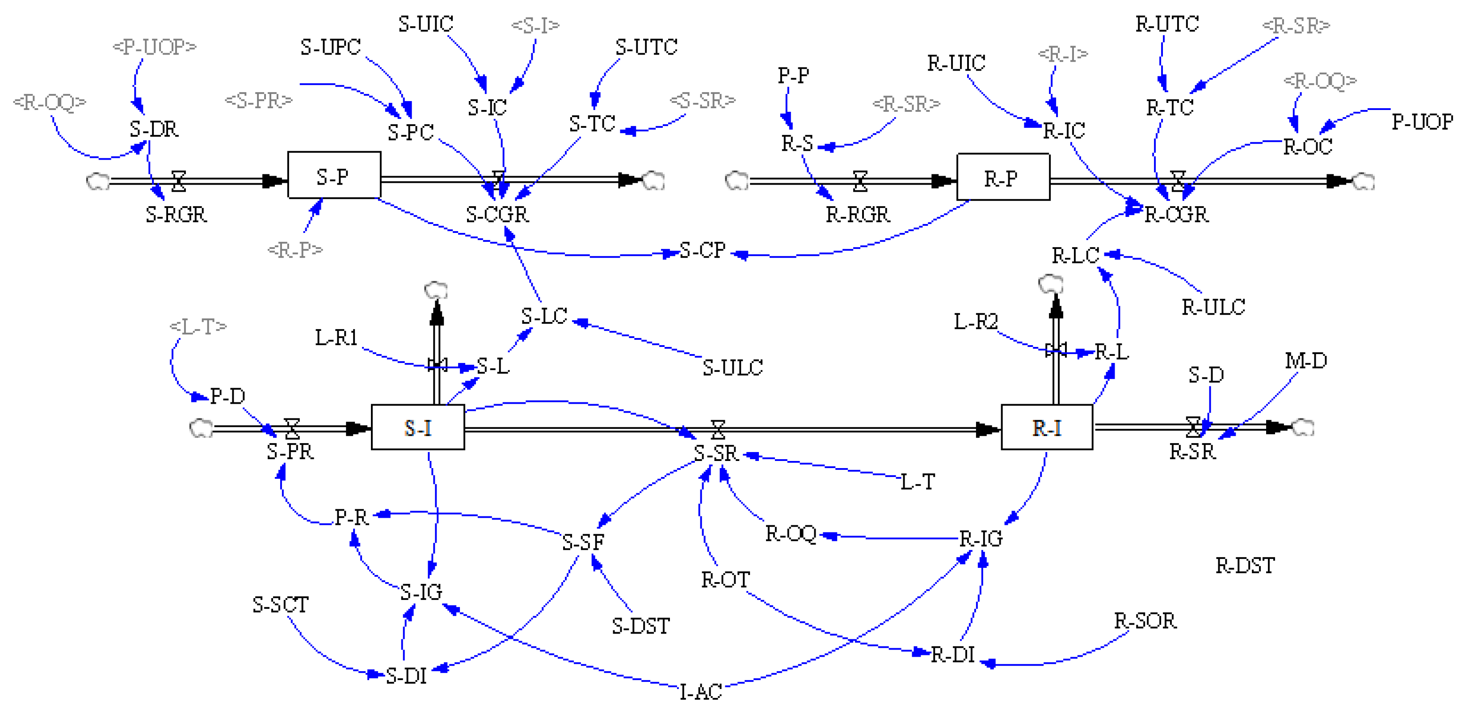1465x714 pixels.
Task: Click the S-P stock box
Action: [x=334, y=175]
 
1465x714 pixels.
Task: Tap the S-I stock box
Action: [x=417, y=427]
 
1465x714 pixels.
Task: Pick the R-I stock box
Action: [x=1046, y=427]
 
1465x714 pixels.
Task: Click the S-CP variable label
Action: [x=703, y=250]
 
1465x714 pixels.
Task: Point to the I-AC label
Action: [x=701, y=692]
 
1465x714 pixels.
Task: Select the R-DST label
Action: [x=1245, y=566]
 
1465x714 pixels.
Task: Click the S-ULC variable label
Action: [x=732, y=368]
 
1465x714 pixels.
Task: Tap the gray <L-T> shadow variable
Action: [x=198, y=326]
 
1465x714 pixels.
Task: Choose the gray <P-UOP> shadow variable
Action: [x=154, y=46]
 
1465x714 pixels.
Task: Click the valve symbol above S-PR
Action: [x=292, y=427]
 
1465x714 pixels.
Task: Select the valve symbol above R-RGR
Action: [x=860, y=181]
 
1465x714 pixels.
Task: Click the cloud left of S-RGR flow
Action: [x=97, y=182]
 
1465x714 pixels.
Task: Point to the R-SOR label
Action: [x=1145, y=621]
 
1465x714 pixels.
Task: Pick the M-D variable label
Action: [x=1306, y=361]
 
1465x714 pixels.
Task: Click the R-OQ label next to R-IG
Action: [x=791, y=534]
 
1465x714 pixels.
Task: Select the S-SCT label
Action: [x=280, y=604]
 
